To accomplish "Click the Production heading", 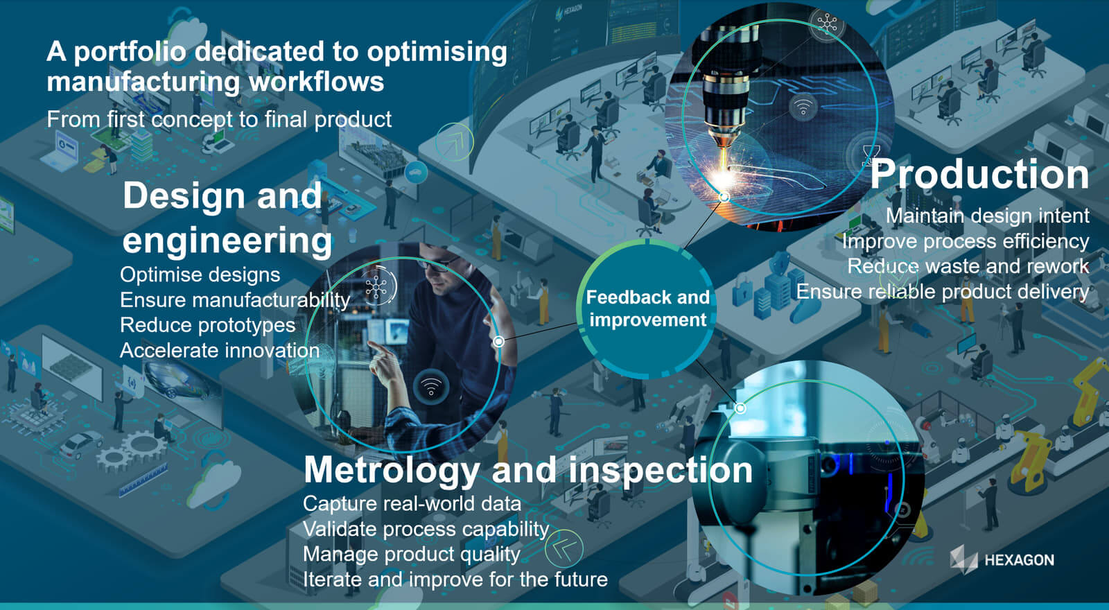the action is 980,174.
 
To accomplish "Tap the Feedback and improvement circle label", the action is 647,308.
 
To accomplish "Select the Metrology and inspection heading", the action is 527,469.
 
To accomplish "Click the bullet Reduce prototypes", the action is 207,325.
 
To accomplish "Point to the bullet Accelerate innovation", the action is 220,351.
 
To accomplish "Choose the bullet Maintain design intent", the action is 987,216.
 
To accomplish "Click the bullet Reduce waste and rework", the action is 968,266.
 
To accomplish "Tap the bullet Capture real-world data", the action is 412,504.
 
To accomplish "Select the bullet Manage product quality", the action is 412,554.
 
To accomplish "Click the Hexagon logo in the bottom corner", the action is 1002,559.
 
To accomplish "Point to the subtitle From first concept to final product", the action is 219,119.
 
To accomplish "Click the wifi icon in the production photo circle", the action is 803,107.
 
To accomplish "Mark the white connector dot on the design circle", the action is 499,341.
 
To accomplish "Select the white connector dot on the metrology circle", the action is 740,408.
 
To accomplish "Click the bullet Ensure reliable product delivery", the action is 943,292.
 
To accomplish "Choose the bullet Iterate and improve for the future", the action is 455,579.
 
